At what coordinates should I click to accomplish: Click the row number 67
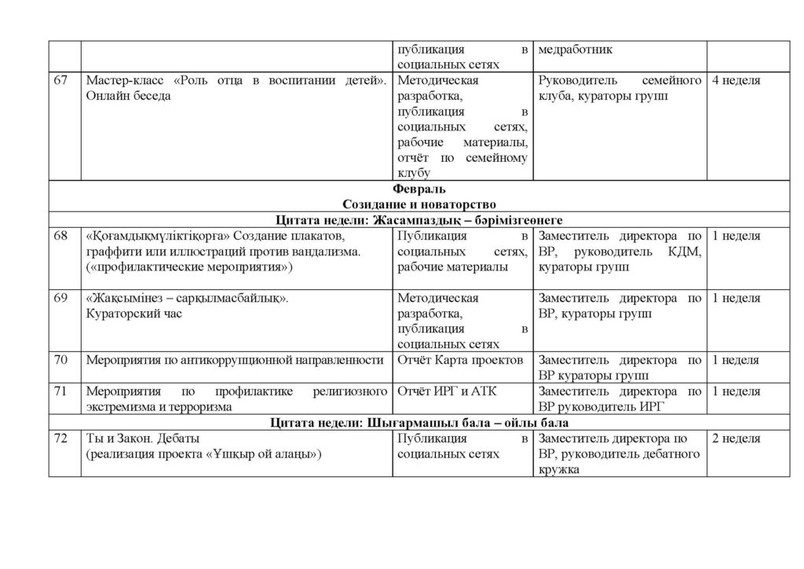pyautogui.click(x=60, y=80)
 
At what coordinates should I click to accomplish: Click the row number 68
pyautogui.click(x=60, y=236)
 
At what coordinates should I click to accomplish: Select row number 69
pyautogui.click(x=60, y=299)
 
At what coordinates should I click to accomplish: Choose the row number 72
pyautogui.click(x=60, y=439)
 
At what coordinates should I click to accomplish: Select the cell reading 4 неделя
pyautogui.click(x=736, y=80)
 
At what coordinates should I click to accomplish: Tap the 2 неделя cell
pyautogui.click(x=736, y=439)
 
